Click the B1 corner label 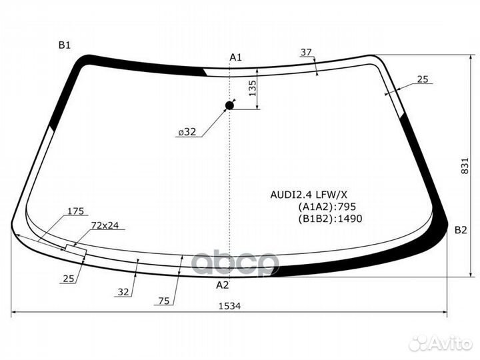click(64, 45)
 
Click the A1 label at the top click(235, 58)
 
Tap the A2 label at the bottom click(223, 285)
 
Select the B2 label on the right click(461, 230)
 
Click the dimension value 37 click(306, 52)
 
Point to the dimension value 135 click(253, 89)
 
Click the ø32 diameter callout click(187, 132)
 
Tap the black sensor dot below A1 click(230, 105)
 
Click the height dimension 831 click(465, 167)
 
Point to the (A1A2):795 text click(323, 207)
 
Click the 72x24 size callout click(105, 225)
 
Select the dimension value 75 click(163, 301)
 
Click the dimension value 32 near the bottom click(123, 291)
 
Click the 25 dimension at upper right click(423, 79)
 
